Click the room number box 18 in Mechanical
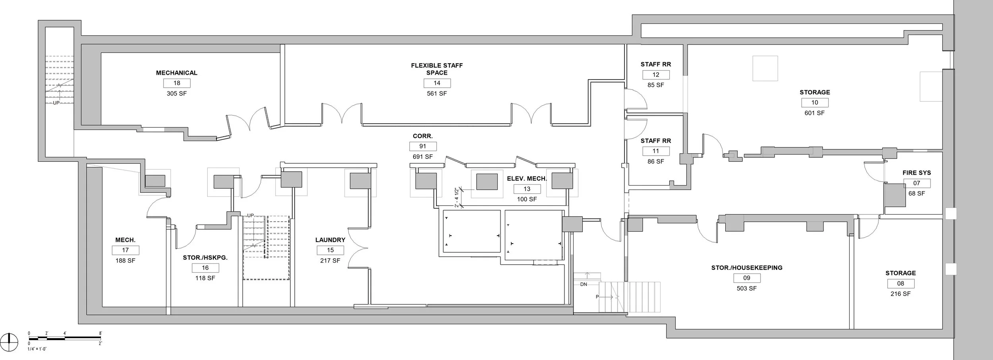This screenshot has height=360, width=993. (x=177, y=83)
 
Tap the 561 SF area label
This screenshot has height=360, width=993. (x=437, y=94)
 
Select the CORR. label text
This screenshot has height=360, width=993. (x=423, y=136)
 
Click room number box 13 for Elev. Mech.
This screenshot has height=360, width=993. (x=527, y=189)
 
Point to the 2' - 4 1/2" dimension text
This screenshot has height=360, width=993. (x=457, y=197)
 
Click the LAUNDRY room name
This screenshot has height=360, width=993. (x=330, y=240)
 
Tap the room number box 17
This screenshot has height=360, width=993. (x=126, y=250)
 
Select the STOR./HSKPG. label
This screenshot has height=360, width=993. (x=205, y=258)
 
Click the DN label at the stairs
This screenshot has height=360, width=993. (x=583, y=285)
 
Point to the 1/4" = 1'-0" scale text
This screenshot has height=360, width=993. (x=37, y=349)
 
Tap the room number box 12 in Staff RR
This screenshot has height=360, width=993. (x=656, y=75)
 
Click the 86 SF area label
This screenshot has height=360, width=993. (x=655, y=162)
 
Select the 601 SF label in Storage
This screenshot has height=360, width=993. (x=814, y=113)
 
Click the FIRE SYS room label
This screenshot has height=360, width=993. (x=916, y=173)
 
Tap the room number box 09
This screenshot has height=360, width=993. (x=746, y=278)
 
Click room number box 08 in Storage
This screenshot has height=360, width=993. (x=900, y=284)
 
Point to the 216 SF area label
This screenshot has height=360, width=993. (x=900, y=294)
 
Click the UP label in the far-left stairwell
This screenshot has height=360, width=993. (x=56, y=103)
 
